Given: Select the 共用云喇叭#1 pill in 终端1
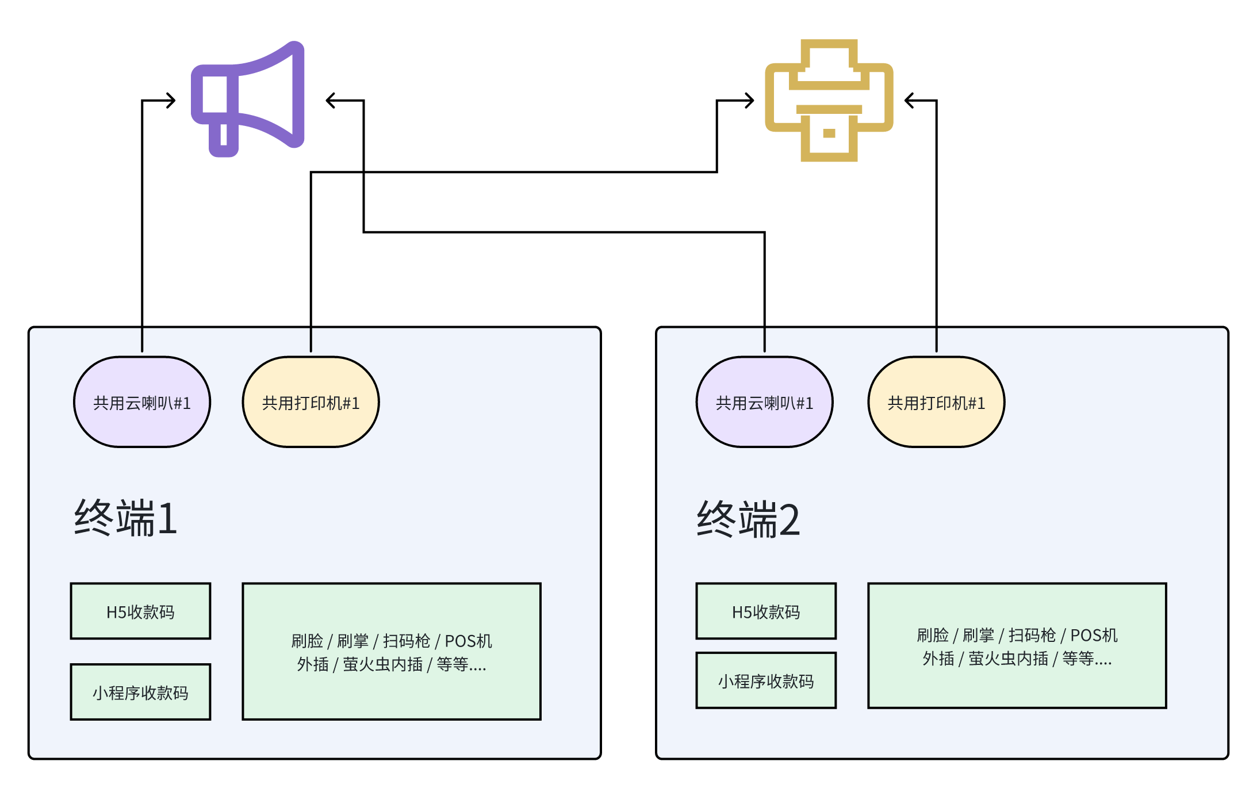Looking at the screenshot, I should coord(142,402).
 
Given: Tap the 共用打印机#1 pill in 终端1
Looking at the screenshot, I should coord(311,402).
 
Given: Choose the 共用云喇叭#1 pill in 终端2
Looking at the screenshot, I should coord(764,402).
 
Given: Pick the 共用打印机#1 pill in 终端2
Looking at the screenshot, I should coord(936,402).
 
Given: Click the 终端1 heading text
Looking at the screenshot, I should coord(125,518).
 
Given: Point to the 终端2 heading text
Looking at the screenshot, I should coord(748,519).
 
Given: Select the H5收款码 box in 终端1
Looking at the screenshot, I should coord(140,611).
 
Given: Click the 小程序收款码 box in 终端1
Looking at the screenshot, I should coord(140,692).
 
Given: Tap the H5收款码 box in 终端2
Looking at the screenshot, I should coord(766,611).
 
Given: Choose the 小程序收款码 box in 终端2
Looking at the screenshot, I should coord(766,680).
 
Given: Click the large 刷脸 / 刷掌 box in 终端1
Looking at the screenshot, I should coord(392,652).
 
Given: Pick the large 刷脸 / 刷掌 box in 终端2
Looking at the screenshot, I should coord(1017,646).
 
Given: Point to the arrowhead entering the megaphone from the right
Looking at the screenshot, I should coord(329,101).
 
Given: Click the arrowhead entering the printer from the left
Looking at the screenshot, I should coord(750,101).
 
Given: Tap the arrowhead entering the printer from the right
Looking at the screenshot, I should coord(908,101).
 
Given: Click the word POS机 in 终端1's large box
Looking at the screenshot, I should coord(468,641).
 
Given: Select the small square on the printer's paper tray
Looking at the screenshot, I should coord(829,133).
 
